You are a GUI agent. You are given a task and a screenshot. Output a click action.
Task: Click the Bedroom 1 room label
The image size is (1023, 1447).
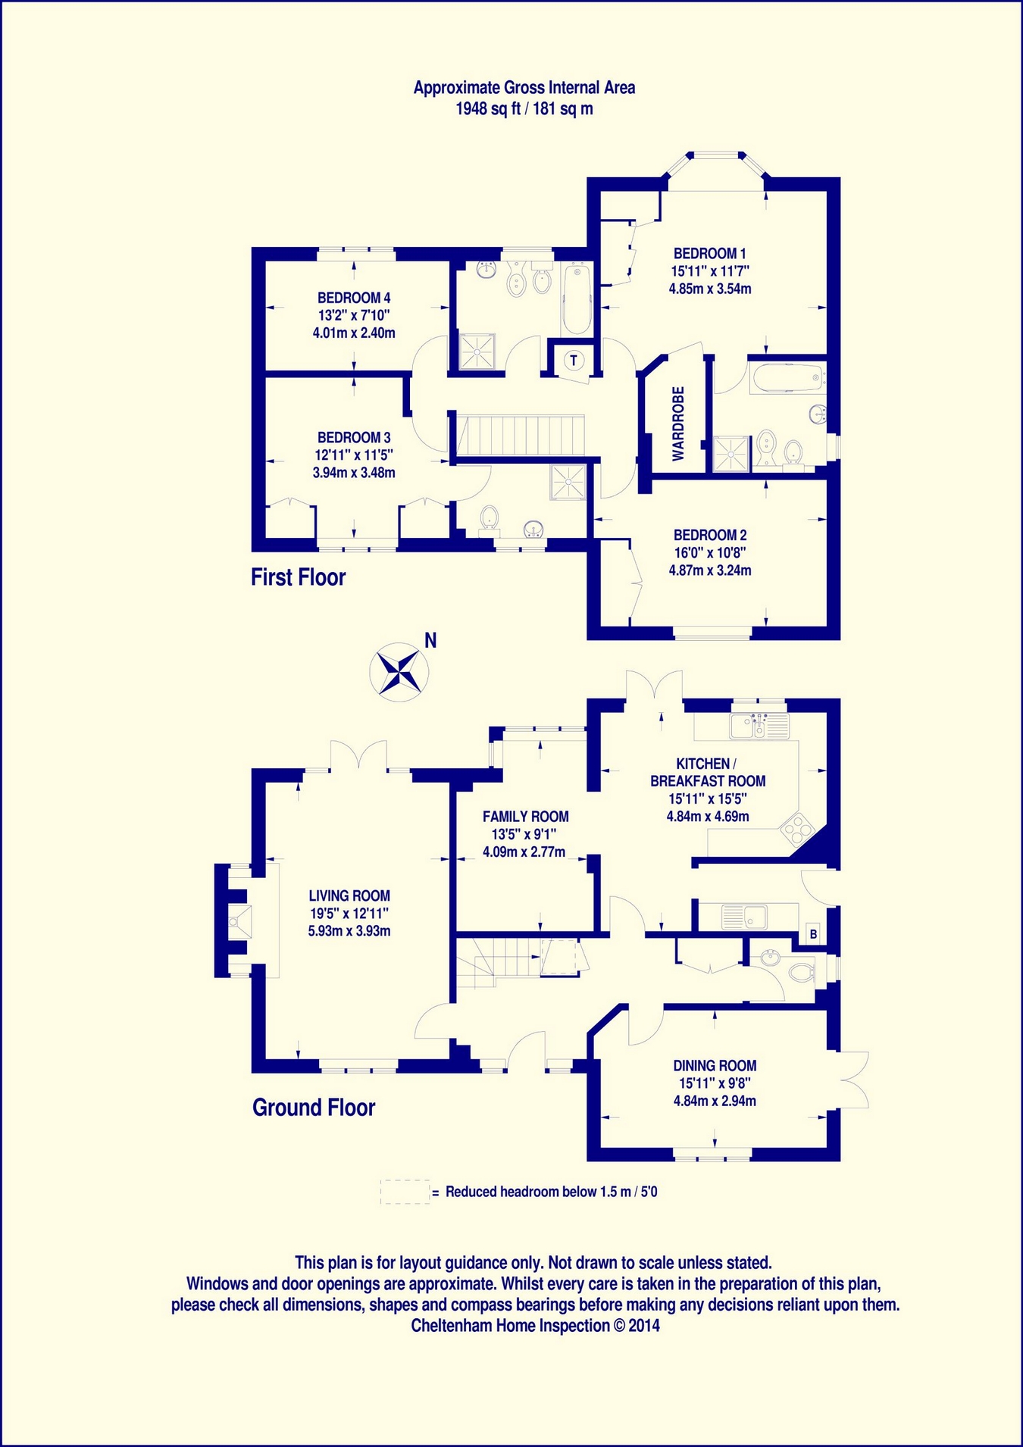pyautogui.click(x=710, y=254)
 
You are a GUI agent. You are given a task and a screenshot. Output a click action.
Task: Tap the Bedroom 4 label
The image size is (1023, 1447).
pyautogui.click(x=354, y=298)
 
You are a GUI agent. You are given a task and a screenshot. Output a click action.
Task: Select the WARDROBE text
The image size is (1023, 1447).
pyautogui.click(x=678, y=423)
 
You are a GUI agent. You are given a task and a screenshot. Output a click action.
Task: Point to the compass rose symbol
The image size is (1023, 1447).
pyautogui.click(x=399, y=670)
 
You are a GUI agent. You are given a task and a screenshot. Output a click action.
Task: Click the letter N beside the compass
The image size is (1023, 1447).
pyautogui.click(x=430, y=641)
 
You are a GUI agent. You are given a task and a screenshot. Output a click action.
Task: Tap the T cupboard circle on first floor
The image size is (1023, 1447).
pyautogui.click(x=574, y=360)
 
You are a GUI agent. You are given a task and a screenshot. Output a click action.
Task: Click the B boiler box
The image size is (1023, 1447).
pyautogui.click(x=813, y=934)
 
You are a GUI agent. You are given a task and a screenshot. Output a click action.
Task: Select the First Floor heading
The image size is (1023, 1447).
pyautogui.click(x=298, y=577)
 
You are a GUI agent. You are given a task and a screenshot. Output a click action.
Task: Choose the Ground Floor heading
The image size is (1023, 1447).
pyautogui.click(x=314, y=1108)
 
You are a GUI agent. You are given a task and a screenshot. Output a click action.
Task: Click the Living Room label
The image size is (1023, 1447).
pyautogui.click(x=349, y=895)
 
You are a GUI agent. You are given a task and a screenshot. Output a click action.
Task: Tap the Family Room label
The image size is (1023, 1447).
pyautogui.click(x=525, y=817)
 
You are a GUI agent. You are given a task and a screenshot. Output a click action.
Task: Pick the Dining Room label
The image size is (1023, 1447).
pyautogui.click(x=715, y=1066)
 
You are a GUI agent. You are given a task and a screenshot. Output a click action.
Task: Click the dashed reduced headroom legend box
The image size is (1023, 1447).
pyautogui.click(x=405, y=1192)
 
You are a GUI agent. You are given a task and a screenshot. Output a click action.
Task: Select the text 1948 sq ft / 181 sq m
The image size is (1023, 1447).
pyautogui.click(x=524, y=109)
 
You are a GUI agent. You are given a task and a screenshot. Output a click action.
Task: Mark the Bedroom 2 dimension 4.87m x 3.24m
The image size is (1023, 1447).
pyautogui.click(x=710, y=570)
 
